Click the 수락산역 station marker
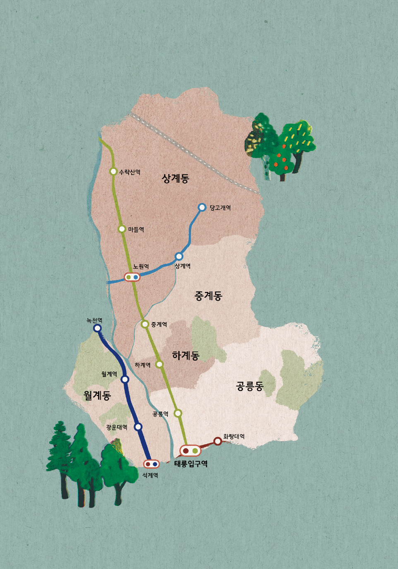[113, 171]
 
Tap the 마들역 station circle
[122, 229]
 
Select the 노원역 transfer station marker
[132, 277]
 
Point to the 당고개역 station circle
[202, 207]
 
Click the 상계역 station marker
[179, 256]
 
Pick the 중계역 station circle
[145, 324]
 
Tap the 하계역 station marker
[159, 364]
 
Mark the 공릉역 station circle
[178, 413]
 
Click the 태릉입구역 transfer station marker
[190, 450]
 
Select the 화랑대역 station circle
[218, 441]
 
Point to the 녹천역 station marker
[98, 328]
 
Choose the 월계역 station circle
[125, 379]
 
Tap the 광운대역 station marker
[138, 427]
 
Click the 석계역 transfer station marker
[151, 464]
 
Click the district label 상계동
[175, 178]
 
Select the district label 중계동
[208, 296]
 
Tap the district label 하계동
[186, 355]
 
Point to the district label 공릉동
[249, 386]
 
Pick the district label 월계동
[97, 395]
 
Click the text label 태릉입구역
[191, 464]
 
